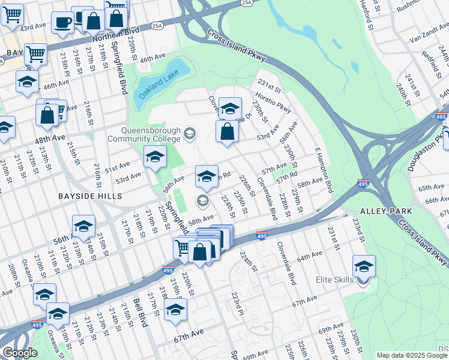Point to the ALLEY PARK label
386,211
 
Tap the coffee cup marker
62,22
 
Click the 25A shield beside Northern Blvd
157,26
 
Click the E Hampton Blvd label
324,171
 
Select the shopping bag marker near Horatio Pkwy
228,131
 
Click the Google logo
20,353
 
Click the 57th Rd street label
287,176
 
